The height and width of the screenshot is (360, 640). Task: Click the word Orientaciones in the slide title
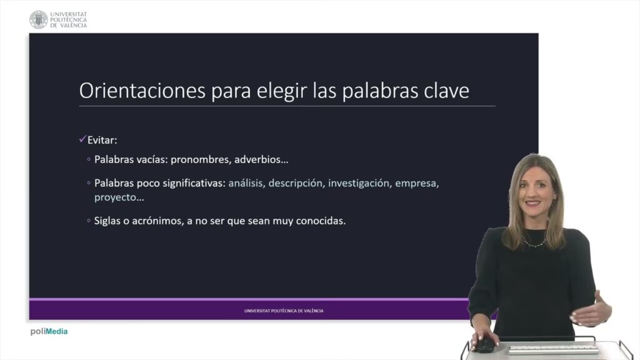pyautogui.click(x=142, y=90)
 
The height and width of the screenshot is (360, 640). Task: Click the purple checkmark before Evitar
pyautogui.click(x=83, y=139)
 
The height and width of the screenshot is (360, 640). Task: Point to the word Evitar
pyautogui.click(x=102, y=140)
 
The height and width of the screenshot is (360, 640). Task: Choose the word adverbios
pyautogui.click(x=261, y=159)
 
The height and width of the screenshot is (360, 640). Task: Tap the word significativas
pyautogui.click(x=194, y=183)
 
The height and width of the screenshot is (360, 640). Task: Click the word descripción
pyautogui.click(x=296, y=183)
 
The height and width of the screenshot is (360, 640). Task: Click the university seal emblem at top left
pyautogui.click(x=38, y=19)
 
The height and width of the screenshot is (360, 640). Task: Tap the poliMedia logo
pyautogui.click(x=49, y=331)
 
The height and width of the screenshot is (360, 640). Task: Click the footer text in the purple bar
pyautogui.click(x=284, y=311)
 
